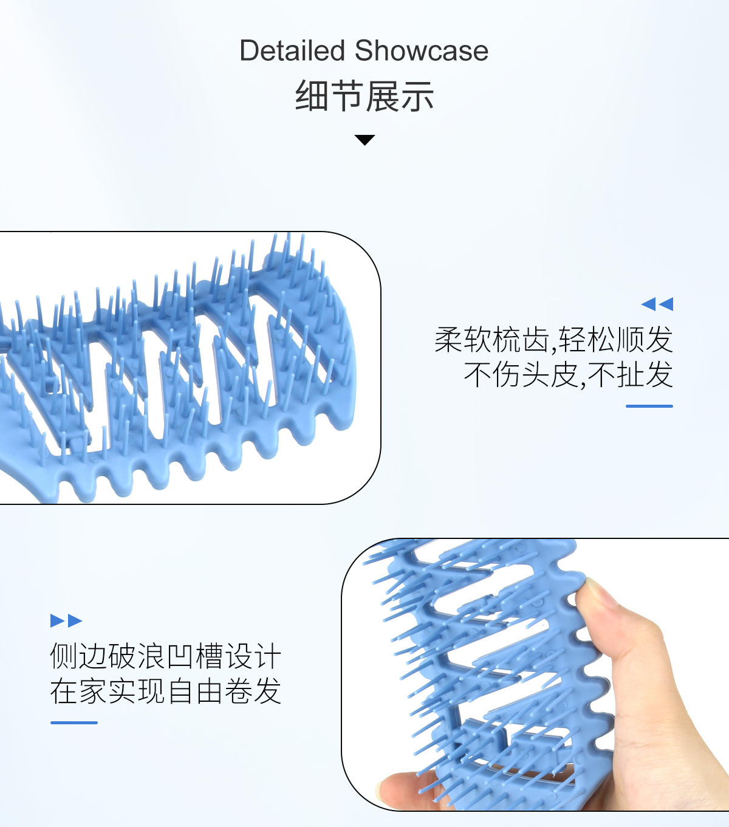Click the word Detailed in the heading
point(293,50)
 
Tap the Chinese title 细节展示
point(364,97)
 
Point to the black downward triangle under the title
point(364,140)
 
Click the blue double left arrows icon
point(657,304)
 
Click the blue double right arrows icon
point(66,620)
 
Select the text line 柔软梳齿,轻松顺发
point(553,339)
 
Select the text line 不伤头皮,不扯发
point(568,374)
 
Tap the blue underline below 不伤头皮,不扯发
point(649,406)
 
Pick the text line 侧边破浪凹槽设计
point(165,656)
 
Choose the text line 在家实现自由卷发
point(165,691)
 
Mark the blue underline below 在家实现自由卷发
point(74,722)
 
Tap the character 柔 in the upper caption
point(449,339)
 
